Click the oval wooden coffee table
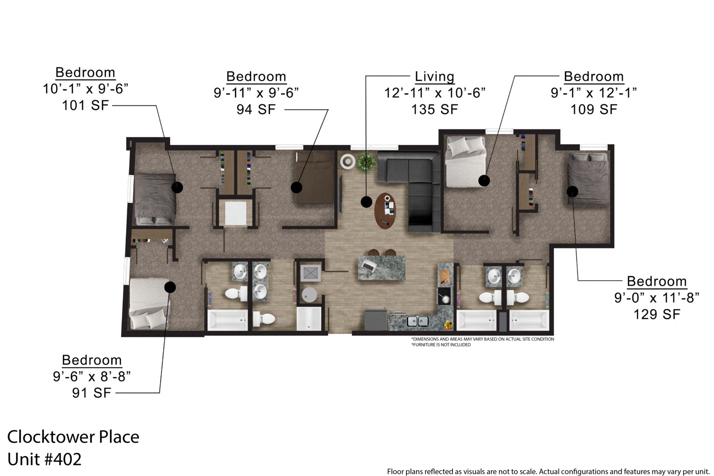pyautogui.click(x=385, y=211)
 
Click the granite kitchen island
pyautogui.click(x=382, y=268)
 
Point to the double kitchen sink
pyautogui.click(x=417, y=321)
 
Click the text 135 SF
pyautogui.click(x=435, y=109)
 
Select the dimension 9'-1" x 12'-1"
pyautogui.click(x=594, y=93)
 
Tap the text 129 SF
pyautogui.click(x=657, y=314)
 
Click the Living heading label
pyautogui.click(x=435, y=77)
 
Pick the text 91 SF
pyautogui.click(x=92, y=393)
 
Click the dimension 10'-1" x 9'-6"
pyautogui.click(x=86, y=89)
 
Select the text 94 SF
pyautogui.click(x=256, y=109)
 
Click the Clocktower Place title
pyautogui.click(x=73, y=436)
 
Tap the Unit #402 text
pyautogui.click(x=45, y=459)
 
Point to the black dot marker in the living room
pyautogui.click(x=367, y=202)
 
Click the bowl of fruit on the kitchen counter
pyautogui.click(x=449, y=325)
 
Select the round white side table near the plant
pyautogui.click(x=347, y=162)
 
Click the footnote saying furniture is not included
pyautogui.click(x=441, y=345)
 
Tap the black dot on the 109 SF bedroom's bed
pyautogui.click(x=484, y=181)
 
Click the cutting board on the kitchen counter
pyautogui.click(x=445, y=276)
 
